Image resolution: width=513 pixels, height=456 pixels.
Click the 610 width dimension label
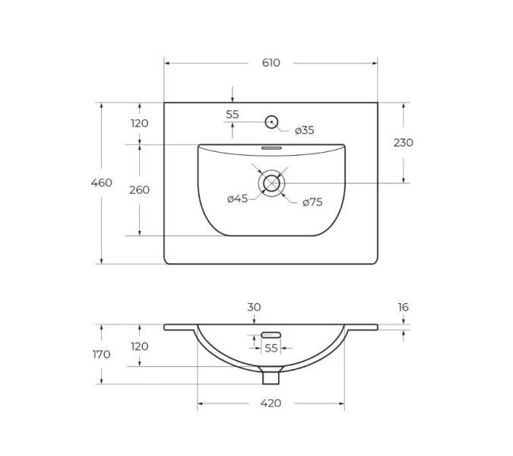[271, 63]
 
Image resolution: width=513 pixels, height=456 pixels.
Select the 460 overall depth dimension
[101, 182]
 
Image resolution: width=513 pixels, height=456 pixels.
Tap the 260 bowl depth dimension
[139, 190]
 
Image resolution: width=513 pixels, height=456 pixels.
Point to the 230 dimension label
[403, 143]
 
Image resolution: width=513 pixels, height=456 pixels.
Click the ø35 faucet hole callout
[304, 130]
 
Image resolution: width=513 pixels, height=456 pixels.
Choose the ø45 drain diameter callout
[238, 198]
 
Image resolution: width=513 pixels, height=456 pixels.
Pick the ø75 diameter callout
[312, 202]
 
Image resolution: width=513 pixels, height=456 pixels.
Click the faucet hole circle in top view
[271, 122]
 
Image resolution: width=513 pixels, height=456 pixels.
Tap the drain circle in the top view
[271, 183]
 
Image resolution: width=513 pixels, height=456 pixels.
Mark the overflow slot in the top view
[271, 148]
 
